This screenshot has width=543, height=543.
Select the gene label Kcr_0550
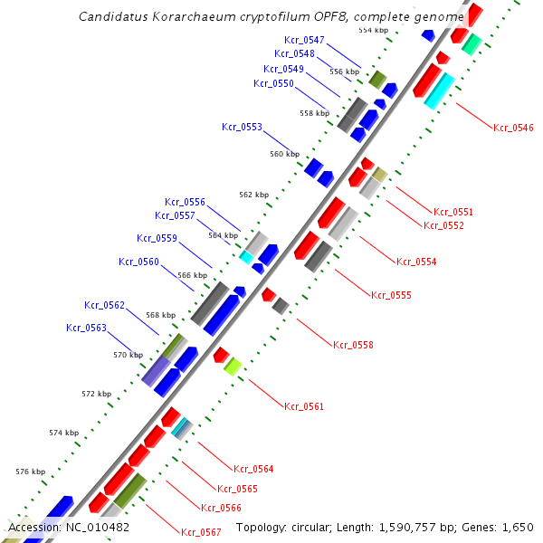pyautogui.click(x=273, y=83)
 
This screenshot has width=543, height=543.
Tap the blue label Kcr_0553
pyautogui.click(x=242, y=127)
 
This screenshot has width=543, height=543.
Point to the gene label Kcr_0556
pyautogui.click(x=185, y=202)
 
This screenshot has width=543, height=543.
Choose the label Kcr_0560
pyautogui.click(x=138, y=262)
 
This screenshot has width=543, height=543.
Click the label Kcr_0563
pyautogui.click(x=86, y=328)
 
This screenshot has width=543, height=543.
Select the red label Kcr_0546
pyautogui.click(x=513, y=128)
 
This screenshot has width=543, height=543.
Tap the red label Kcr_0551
pyautogui.click(x=453, y=212)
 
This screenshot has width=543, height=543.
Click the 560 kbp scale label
pyautogui.click(x=284, y=154)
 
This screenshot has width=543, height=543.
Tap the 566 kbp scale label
pyautogui.click(x=192, y=275)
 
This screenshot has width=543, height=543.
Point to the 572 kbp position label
pyautogui.click(x=96, y=394)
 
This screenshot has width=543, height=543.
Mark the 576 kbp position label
pyautogui.click(x=31, y=472)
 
